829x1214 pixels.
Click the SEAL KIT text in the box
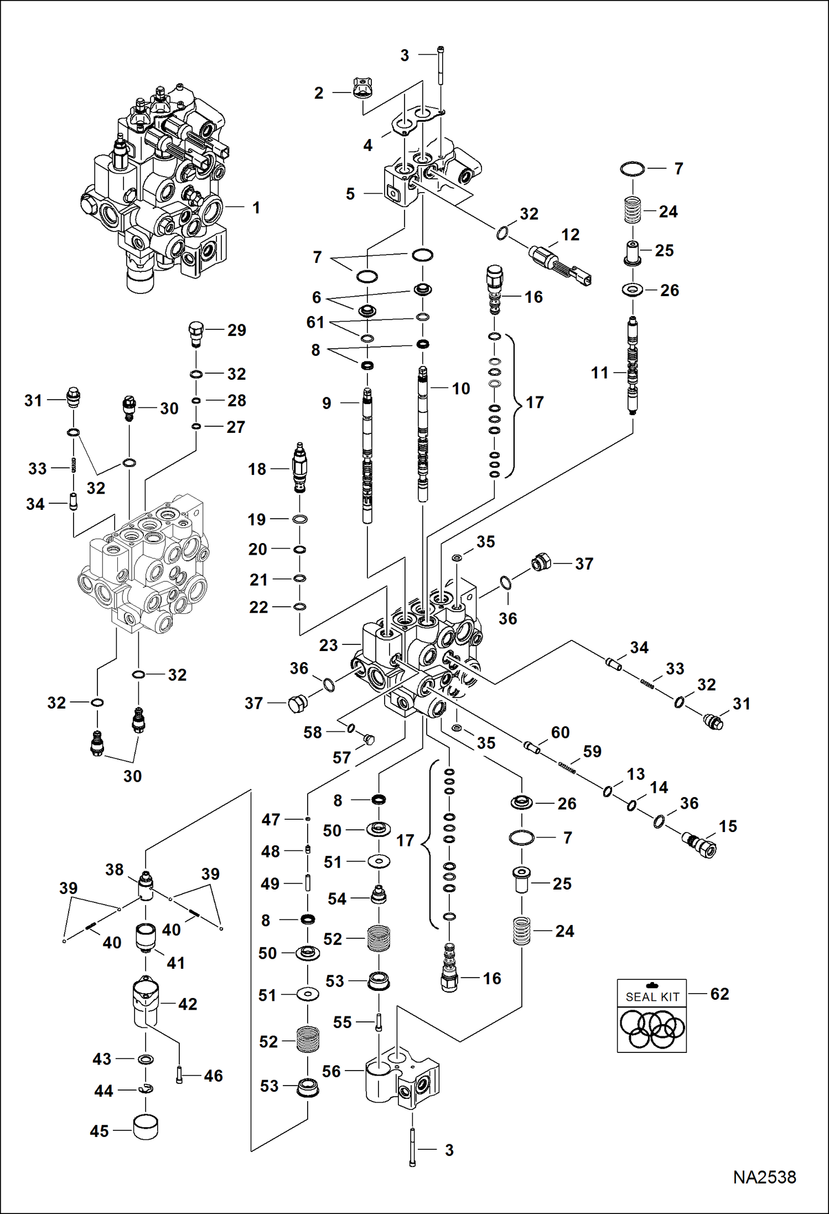coord(652,997)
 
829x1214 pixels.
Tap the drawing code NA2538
coord(764,1177)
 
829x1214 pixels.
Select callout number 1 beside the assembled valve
coord(256,208)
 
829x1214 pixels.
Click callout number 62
coord(719,994)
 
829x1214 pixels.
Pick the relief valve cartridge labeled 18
coord(299,468)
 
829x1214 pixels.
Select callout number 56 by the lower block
coord(331,1071)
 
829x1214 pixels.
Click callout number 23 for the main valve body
coord(328,645)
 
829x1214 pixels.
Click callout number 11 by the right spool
coord(600,373)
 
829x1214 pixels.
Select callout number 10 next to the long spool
coord(460,389)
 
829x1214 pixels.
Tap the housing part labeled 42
coord(146,1004)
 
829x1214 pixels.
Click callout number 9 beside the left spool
coord(327,403)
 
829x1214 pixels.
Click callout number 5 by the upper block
coord(350,194)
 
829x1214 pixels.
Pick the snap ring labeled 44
coord(147,1088)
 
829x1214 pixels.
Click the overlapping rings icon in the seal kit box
coord(652,1029)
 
